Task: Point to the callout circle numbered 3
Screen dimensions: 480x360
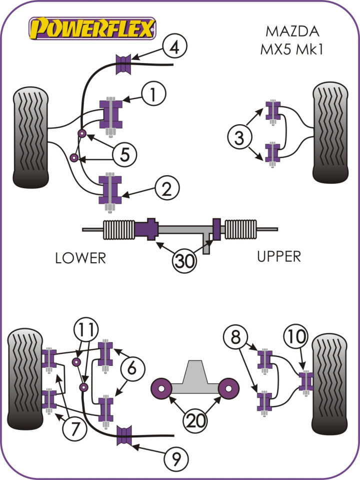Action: point(239,136)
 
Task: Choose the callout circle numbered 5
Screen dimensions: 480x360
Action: point(124,155)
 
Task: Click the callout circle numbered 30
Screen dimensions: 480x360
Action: point(184,260)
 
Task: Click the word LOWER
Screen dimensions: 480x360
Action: point(80,258)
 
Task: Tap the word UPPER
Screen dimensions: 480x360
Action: point(278,256)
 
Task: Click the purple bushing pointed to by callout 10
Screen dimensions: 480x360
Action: point(305,380)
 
